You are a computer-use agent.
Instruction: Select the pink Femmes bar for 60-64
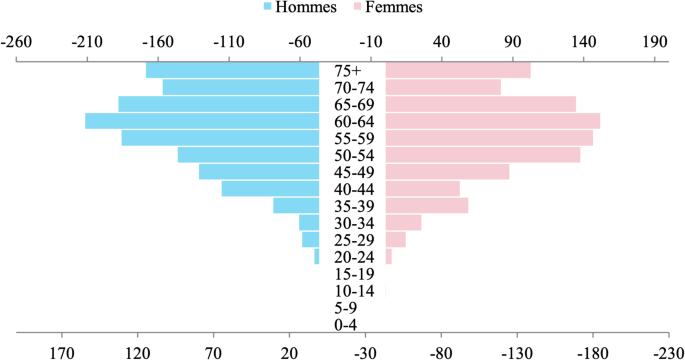(492, 121)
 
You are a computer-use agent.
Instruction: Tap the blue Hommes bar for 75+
(232, 70)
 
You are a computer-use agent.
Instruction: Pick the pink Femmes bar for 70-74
(443, 87)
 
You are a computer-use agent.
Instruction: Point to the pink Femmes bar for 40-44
(422, 189)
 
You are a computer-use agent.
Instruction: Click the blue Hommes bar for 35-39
(296, 206)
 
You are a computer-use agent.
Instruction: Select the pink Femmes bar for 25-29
(395, 240)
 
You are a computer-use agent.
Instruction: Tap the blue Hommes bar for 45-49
(259, 172)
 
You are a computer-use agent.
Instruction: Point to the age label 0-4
(346, 325)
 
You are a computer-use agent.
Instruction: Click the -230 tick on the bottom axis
(668, 352)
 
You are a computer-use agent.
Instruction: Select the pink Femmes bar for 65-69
(480, 104)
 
